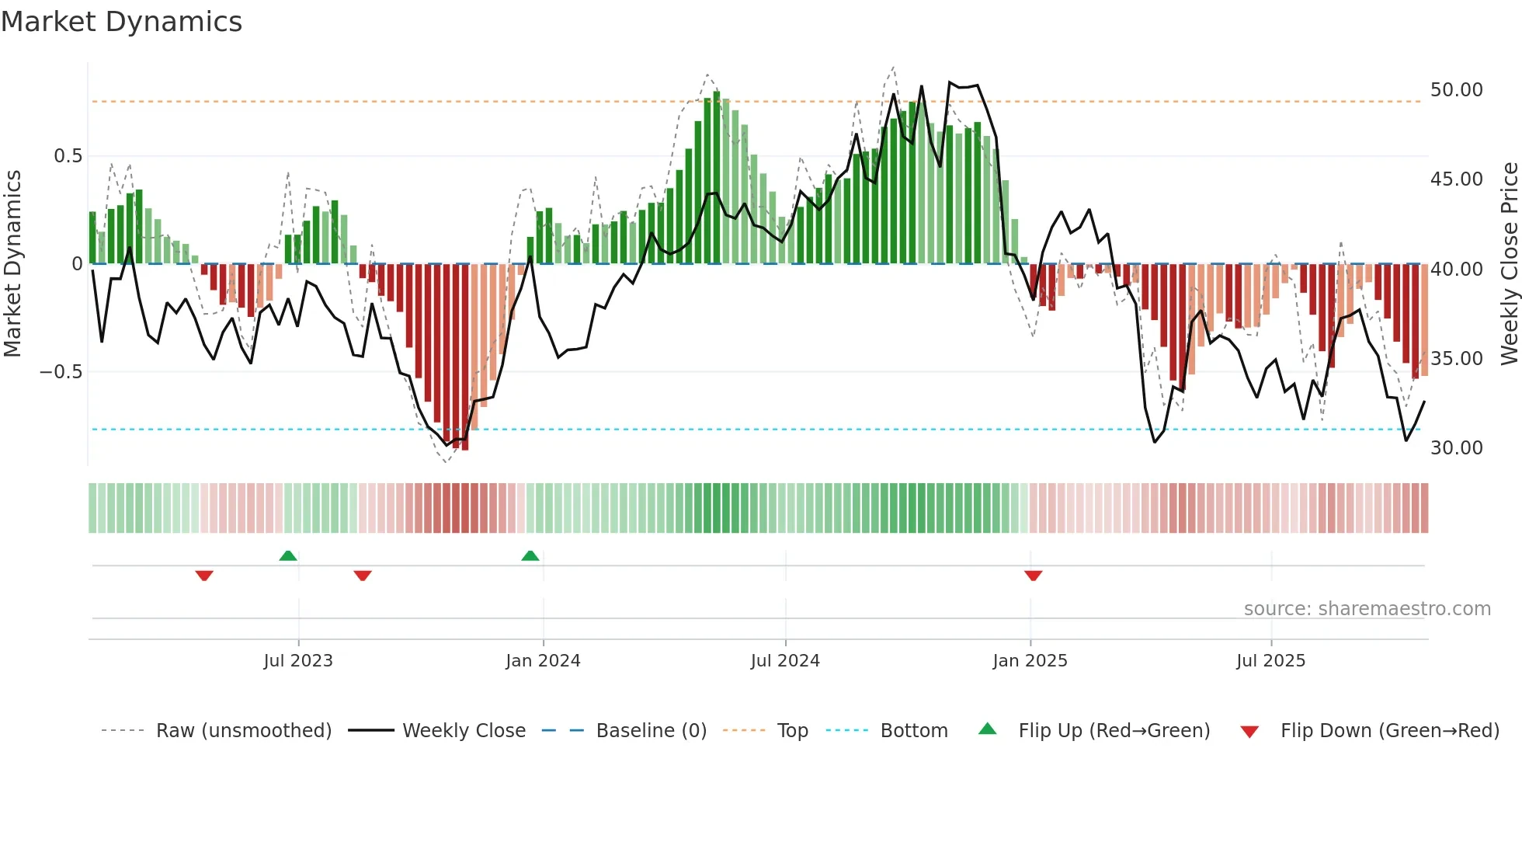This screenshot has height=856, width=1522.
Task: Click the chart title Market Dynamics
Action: (x=121, y=22)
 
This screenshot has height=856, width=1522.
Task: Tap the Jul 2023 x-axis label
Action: (x=298, y=661)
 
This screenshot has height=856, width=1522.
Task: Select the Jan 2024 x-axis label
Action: (x=543, y=661)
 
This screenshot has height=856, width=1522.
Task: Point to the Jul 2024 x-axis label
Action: (x=785, y=661)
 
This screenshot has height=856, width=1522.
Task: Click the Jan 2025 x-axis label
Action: (x=1030, y=661)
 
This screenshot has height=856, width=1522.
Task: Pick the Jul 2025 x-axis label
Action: (x=1271, y=661)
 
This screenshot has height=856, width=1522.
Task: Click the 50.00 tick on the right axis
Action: (x=1456, y=90)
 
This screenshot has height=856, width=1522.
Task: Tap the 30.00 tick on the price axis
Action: (x=1456, y=448)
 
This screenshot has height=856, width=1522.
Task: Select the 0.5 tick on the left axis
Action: (x=68, y=156)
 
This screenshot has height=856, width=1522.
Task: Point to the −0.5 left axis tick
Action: (x=61, y=372)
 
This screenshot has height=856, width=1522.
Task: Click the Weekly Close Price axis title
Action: (x=1509, y=264)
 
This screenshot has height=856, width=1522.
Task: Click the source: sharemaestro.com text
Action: (x=1367, y=609)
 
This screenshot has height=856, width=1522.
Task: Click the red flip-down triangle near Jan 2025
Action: (x=1033, y=576)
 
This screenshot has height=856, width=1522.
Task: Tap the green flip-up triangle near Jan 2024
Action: (x=530, y=555)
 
